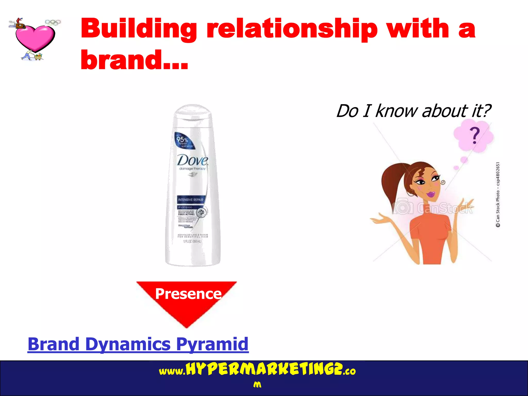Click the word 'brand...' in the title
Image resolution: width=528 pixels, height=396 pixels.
tap(134, 60)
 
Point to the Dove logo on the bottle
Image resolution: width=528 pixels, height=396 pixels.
tap(192, 160)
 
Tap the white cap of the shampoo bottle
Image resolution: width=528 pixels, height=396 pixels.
tap(193, 112)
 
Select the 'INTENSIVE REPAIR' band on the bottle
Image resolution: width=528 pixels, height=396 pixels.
tap(191, 200)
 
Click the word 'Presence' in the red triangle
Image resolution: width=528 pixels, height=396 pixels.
tap(188, 294)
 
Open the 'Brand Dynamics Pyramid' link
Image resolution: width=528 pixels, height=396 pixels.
tap(138, 344)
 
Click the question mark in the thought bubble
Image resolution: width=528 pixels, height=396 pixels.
tap(474, 136)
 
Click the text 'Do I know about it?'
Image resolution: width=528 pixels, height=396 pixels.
tap(414, 111)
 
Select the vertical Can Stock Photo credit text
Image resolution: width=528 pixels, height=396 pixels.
tap(498, 195)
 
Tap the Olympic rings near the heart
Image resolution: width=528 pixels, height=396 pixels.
tap(53, 22)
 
